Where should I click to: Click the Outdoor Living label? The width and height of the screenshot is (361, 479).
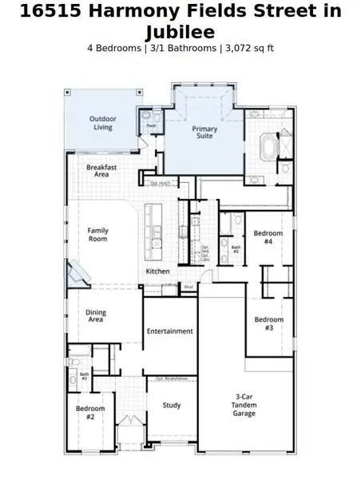point(101,123)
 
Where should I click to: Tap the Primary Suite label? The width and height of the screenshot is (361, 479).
point(204,132)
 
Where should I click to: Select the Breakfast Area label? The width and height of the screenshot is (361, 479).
point(102,171)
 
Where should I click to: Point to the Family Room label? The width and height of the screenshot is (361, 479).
point(97,235)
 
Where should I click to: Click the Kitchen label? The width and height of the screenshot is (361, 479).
point(157,272)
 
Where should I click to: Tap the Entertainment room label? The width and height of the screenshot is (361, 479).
point(169,331)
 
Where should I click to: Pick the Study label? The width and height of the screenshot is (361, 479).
point(172,406)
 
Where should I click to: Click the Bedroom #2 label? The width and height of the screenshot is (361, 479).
point(85,413)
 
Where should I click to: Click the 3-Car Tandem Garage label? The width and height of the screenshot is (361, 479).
point(245,406)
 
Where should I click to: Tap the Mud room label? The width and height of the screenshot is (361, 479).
point(188,286)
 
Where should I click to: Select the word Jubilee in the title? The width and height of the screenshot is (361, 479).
point(180,32)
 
